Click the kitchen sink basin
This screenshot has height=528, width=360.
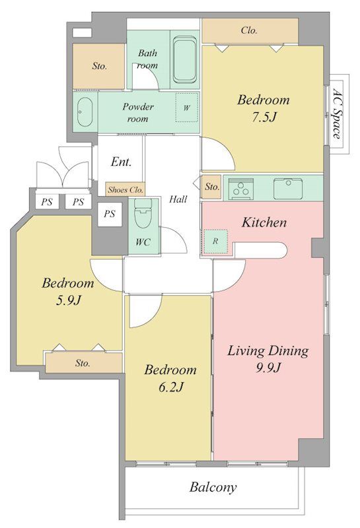288,189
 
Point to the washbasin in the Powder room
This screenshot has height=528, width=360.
85,112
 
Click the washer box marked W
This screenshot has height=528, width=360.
186,108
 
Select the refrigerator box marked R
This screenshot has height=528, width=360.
215,242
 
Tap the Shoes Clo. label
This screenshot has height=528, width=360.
126,190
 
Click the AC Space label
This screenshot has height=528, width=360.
336,114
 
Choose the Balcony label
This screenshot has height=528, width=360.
213,487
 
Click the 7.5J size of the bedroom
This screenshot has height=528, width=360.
264,117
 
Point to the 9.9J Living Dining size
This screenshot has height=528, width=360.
268,368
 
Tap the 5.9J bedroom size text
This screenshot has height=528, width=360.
69,300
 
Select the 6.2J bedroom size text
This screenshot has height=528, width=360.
171,387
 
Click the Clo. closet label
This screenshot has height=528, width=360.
250,30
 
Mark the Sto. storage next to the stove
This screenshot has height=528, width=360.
211,187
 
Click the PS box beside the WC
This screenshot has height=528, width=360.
109,214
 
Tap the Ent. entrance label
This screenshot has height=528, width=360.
122,162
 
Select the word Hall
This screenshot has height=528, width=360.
178,199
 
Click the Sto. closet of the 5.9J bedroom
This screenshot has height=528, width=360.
84,363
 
